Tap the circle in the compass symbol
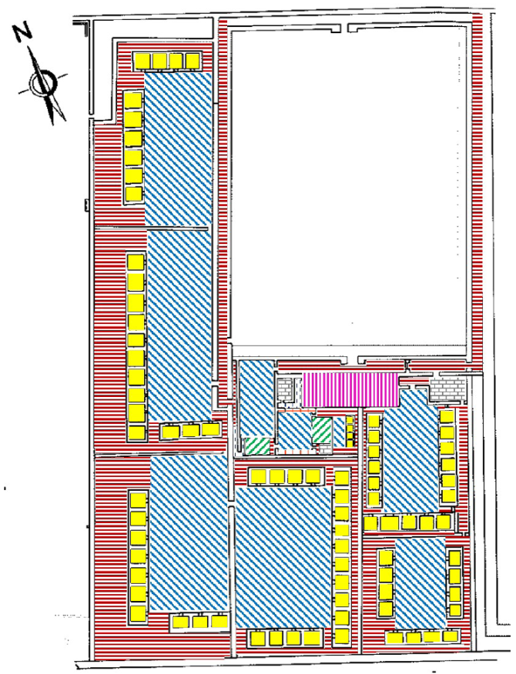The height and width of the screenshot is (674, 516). click(x=43, y=83)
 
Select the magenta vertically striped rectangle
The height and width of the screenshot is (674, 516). click(x=350, y=389)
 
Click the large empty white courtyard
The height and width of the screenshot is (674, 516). click(x=349, y=186)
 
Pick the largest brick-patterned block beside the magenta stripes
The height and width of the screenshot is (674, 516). click(x=448, y=389)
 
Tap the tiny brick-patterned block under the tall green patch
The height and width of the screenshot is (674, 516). click(x=325, y=449)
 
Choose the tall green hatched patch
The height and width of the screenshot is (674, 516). click(x=322, y=430)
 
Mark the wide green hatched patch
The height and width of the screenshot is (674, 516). click(x=257, y=445)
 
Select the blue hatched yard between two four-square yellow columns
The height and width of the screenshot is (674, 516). click(x=420, y=582)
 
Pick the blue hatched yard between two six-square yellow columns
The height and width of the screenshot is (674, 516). click(x=411, y=452)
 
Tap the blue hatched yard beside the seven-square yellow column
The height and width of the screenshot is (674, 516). click(x=189, y=533)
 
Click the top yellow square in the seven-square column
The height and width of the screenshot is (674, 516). click(x=138, y=500)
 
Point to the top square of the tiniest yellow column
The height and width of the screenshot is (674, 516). click(x=350, y=420)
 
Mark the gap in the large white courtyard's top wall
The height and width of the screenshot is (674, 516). click(x=344, y=28)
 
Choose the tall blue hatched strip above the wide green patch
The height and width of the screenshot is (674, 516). click(x=256, y=399)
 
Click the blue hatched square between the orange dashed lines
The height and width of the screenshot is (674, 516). click(x=295, y=430)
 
